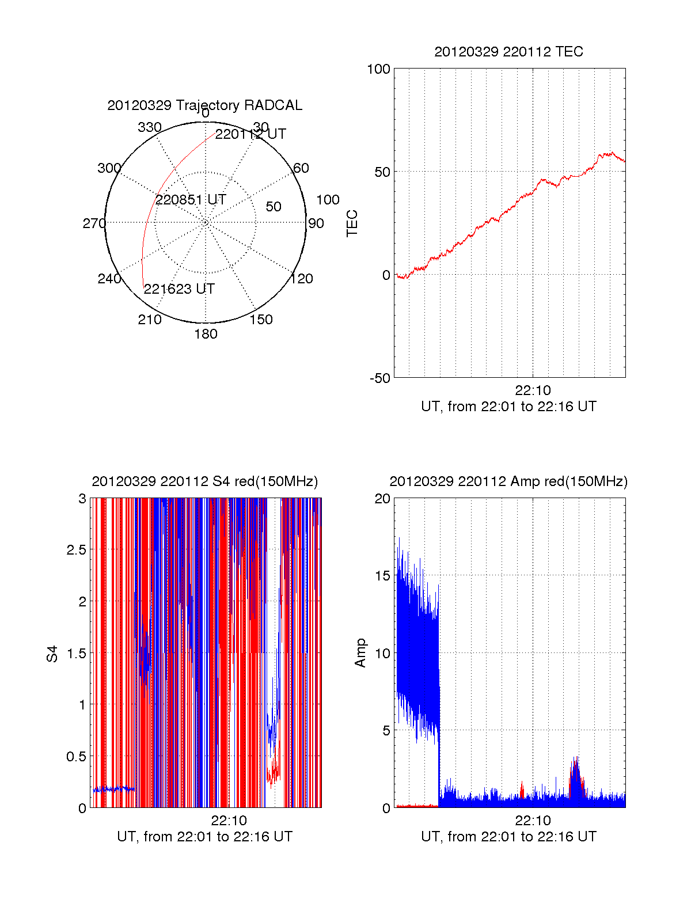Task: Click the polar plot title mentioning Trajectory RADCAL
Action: click(x=204, y=105)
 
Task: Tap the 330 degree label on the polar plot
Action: click(x=150, y=127)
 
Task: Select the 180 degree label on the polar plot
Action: click(x=206, y=334)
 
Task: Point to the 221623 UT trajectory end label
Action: click(x=179, y=289)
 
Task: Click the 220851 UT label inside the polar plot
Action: click(x=191, y=200)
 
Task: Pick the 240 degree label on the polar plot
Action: click(x=109, y=279)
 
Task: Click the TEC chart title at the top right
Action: click(x=508, y=52)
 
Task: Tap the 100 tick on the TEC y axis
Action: click(x=378, y=69)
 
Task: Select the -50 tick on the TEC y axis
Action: click(x=379, y=378)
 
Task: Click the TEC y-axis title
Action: click(x=352, y=223)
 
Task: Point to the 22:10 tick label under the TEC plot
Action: click(x=533, y=390)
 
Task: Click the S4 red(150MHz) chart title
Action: click(x=204, y=481)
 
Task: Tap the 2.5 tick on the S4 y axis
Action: click(x=76, y=550)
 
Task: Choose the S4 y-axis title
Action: click(x=52, y=654)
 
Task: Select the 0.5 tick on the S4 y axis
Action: click(x=76, y=757)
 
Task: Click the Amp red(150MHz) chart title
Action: click(x=508, y=481)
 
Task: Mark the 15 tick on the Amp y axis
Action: click(x=382, y=576)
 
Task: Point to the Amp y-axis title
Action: click(x=360, y=653)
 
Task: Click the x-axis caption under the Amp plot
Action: click(x=508, y=837)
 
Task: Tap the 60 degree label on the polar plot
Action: click(x=301, y=168)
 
